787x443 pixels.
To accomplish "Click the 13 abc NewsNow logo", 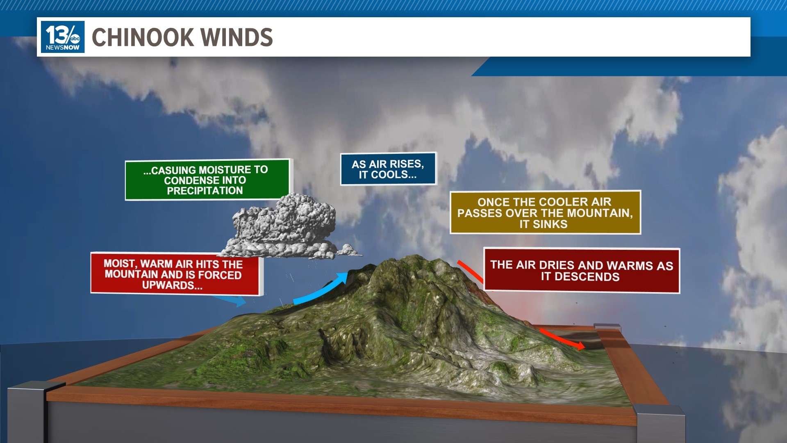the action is tap(63, 37).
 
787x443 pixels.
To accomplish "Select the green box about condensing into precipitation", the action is tap(207, 180).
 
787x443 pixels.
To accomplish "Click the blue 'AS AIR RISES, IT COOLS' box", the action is tap(388, 169).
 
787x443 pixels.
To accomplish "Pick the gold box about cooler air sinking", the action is tap(545, 212).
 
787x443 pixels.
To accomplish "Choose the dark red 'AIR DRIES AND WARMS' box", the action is tap(582, 270).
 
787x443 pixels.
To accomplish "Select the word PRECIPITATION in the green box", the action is tap(205, 191).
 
